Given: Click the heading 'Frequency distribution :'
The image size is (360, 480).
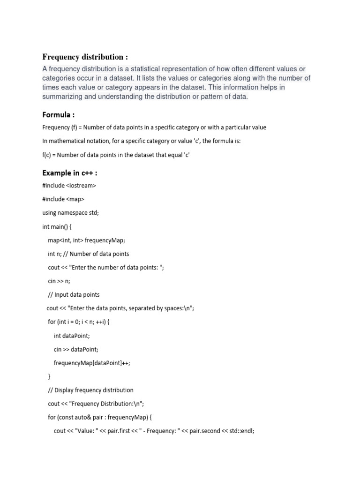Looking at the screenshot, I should click(x=85, y=57).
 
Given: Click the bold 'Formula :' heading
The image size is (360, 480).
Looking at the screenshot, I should click(x=58, y=114).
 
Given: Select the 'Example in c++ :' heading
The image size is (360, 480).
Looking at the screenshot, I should click(x=69, y=172).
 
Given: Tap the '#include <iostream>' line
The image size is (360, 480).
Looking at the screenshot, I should click(x=69, y=186).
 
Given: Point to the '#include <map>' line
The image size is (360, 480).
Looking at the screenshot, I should click(x=63, y=199).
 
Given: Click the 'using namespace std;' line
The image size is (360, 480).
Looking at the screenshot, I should click(x=70, y=213).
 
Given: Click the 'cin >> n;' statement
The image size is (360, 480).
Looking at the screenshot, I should click(x=59, y=281).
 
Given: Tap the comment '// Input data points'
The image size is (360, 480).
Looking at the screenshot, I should click(x=74, y=294).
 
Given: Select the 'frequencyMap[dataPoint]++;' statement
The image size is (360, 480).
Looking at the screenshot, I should click(x=91, y=363).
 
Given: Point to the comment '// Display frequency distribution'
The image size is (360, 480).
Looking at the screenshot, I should click(x=90, y=390).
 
